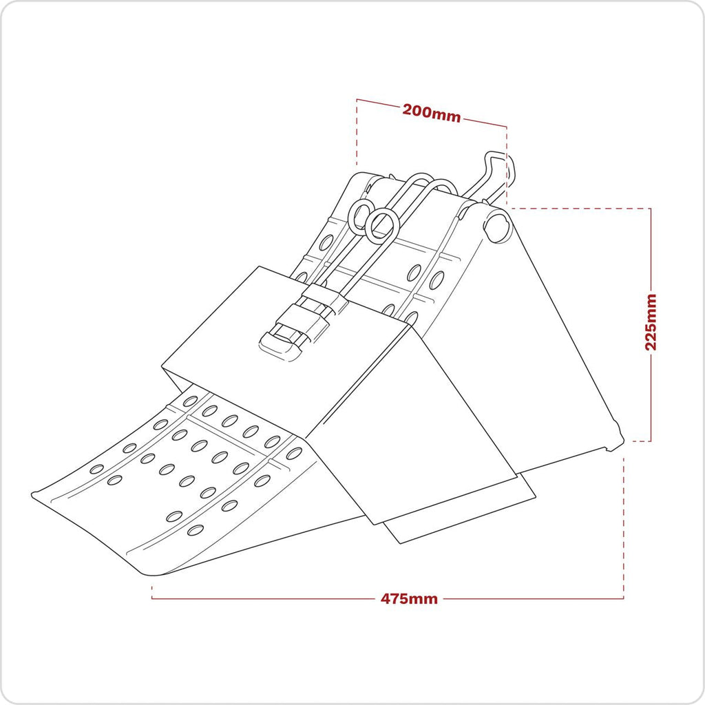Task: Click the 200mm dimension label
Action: point(431,113)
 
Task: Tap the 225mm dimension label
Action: point(651,322)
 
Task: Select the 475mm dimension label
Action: point(409,599)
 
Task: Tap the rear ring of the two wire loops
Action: point(359,215)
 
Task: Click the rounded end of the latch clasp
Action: point(280,347)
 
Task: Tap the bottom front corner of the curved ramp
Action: point(155,575)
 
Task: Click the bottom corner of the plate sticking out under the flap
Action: point(400,543)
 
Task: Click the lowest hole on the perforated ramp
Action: point(195,530)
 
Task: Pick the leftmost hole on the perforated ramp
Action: point(96,469)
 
